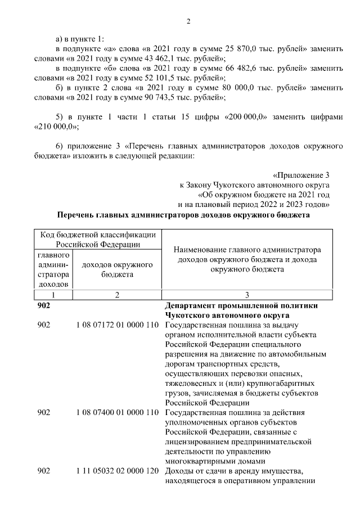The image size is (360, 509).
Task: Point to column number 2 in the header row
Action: pos(118,295)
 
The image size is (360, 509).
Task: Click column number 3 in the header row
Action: pos(247,295)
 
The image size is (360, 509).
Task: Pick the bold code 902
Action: pos(43,305)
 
